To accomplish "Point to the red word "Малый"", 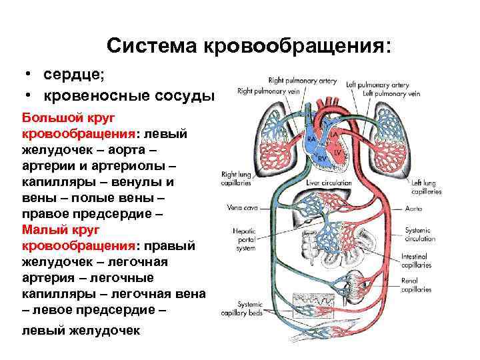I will [x=41, y=230].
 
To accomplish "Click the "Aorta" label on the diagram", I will [x=413, y=209].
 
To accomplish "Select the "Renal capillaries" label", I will [x=416, y=285].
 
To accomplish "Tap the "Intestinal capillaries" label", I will [x=416, y=261].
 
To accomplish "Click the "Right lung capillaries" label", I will [x=236, y=178].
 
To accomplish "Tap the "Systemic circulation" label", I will [x=420, y=234].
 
